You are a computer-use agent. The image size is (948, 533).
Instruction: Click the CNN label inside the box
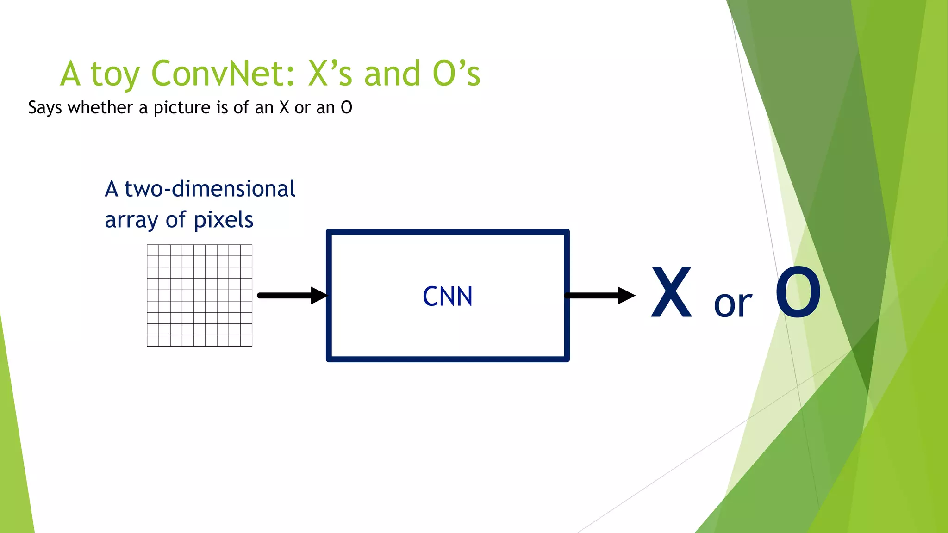(x=448, y=297)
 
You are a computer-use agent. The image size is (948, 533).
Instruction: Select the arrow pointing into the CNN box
(x=292, y=296)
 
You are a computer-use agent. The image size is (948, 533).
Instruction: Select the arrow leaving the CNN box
(x=599, y=296)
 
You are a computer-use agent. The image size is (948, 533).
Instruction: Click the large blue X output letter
(x=671, y=292)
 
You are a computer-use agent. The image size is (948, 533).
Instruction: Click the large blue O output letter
(x=798, y=292)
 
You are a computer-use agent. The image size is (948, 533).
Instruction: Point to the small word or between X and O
(x=733, y=304)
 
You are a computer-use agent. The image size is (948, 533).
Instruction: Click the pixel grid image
(x=200, y=296)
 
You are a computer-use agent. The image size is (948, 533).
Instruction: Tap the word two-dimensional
(x=210, y=189)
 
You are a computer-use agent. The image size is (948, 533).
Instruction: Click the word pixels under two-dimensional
(x=224, y=220)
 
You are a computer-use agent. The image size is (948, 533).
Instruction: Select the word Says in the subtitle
(x=45, y=108)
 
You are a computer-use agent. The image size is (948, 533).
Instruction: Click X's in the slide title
(x=330, y=74)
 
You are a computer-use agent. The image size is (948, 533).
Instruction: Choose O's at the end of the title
(x=456, y=74)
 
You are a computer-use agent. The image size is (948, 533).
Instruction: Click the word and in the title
(x=393, y=74)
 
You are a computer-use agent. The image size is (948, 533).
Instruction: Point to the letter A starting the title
(x=71, y=74)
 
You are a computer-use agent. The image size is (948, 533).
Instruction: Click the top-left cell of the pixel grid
(x=153, y=250)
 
